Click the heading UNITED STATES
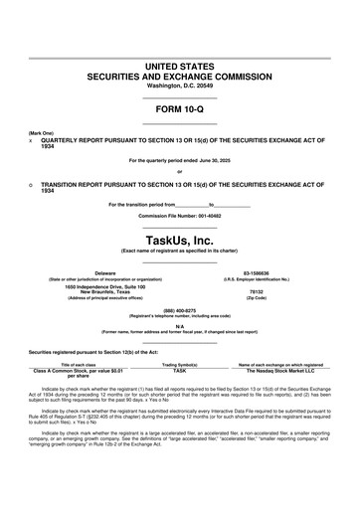coord(180,65)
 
